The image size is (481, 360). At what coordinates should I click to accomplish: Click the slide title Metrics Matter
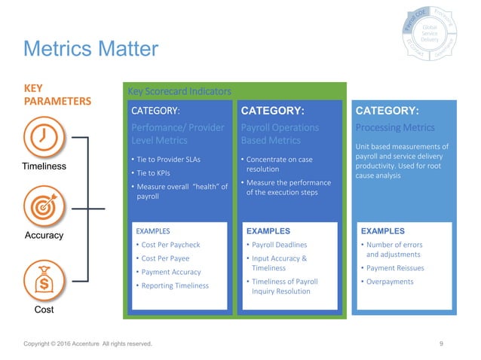tap(91, 50)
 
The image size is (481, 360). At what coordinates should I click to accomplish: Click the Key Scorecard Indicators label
tap(179, 92)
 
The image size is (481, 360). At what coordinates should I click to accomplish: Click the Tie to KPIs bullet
tap(155, 172)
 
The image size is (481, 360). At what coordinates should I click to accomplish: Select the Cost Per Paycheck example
tap(170, 245)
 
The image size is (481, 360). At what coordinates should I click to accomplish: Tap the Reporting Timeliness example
tap(173, 285)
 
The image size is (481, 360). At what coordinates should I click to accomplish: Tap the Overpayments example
tap(391, 282)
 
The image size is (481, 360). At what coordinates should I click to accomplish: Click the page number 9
tap(441, 344)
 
